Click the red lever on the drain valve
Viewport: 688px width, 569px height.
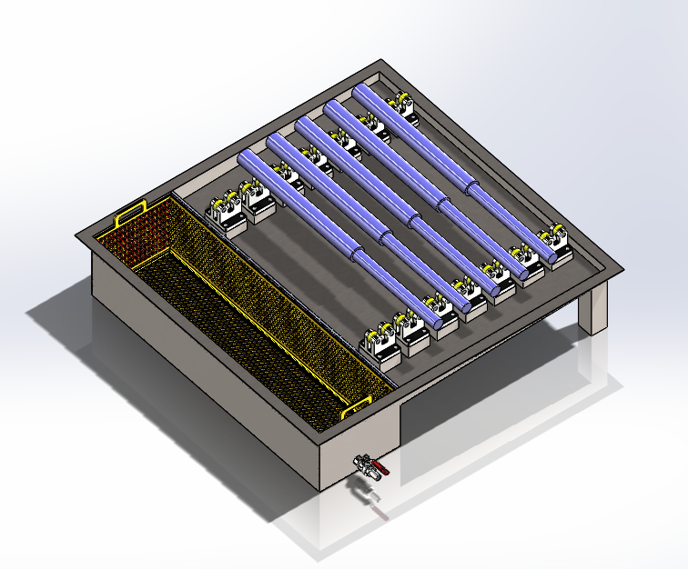pyautogui.click(x=383, y=470)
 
